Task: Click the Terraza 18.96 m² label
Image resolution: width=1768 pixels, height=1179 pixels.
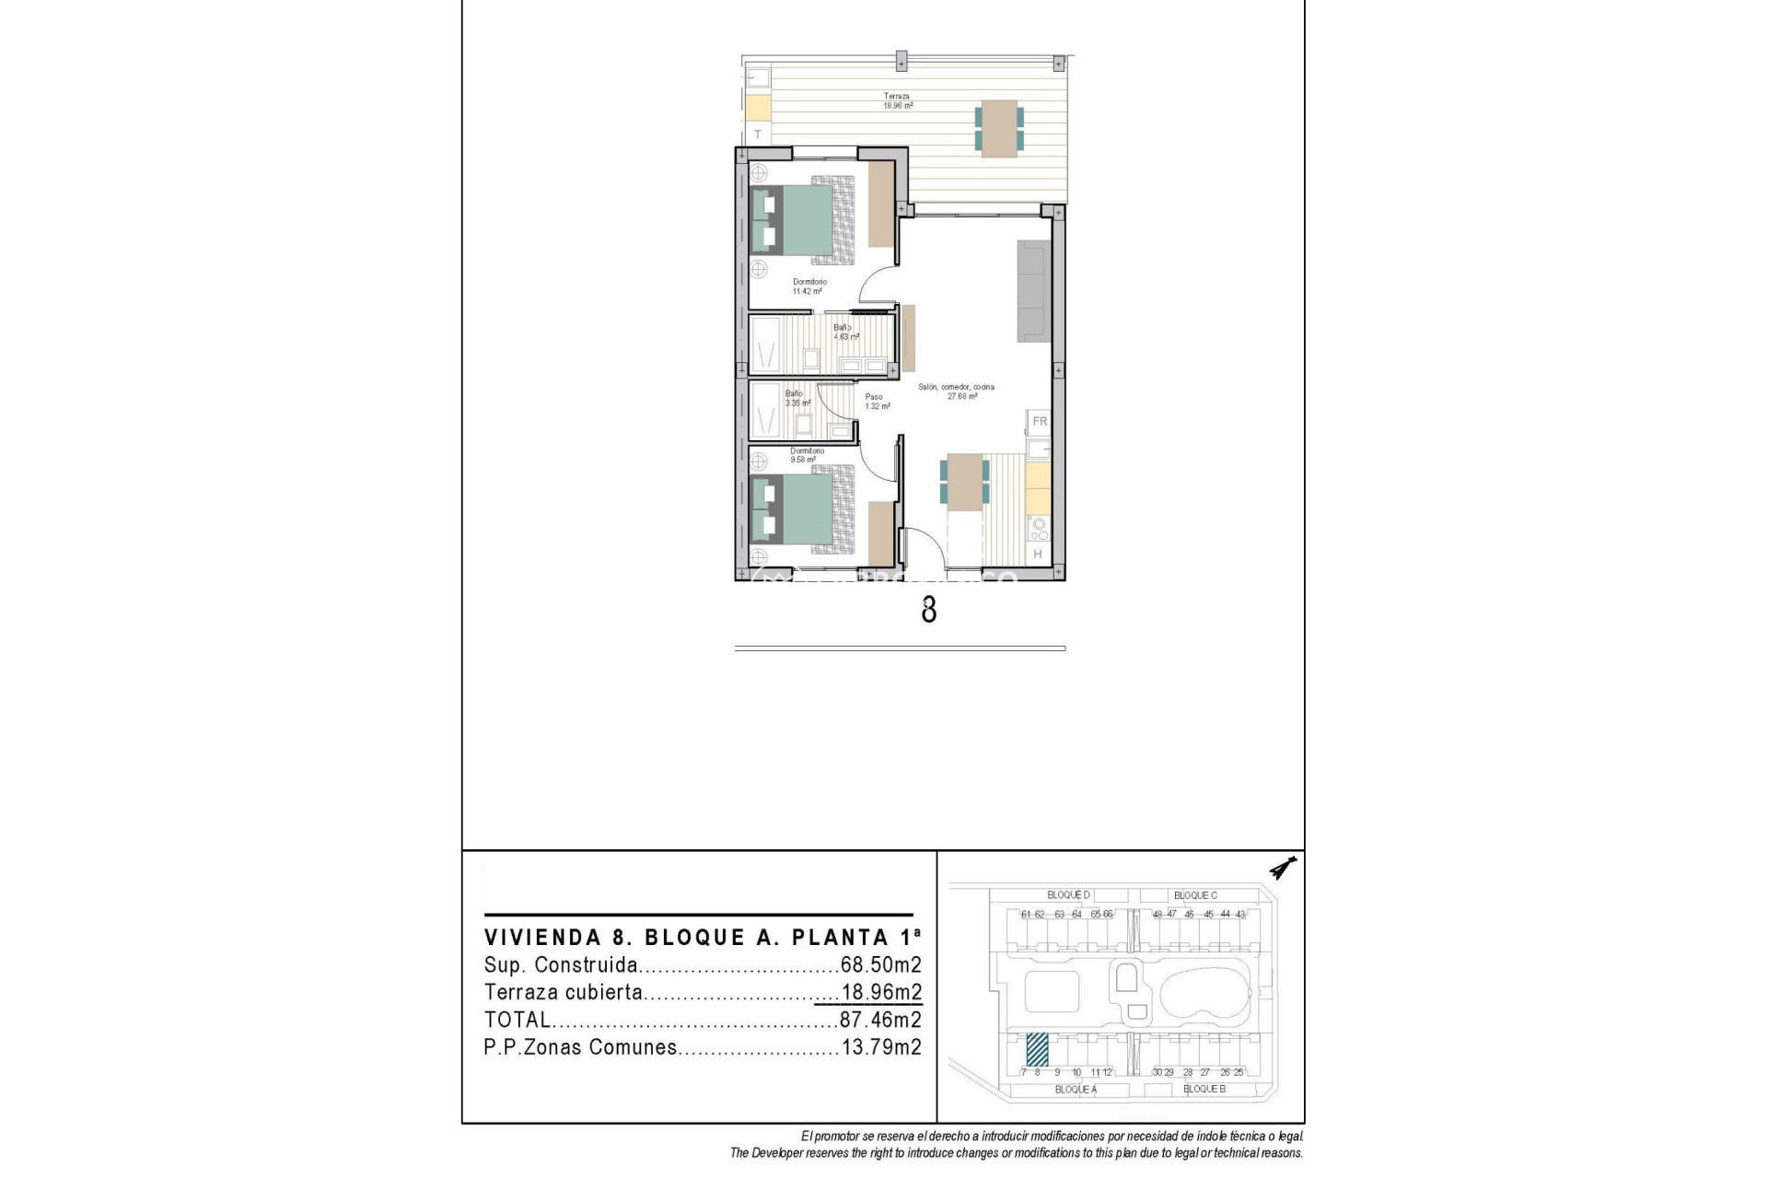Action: pos(897,100)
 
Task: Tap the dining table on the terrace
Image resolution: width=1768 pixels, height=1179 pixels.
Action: pos(999,128)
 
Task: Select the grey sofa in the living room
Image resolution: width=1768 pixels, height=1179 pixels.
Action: pos(1033,291)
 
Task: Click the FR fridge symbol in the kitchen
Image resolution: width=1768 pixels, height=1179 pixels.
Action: pos(1040,422)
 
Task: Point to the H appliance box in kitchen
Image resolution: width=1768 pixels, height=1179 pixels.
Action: pos(1038,554)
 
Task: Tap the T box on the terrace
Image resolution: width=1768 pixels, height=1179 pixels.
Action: pos(758,134)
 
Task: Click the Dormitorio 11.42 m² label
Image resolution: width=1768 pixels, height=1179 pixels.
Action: pos(808,286)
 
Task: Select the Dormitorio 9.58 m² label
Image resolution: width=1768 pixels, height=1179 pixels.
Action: pos(806,455)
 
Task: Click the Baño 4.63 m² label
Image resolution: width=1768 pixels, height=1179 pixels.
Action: pos(844,332)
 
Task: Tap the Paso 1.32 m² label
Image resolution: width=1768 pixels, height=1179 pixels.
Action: pos(877,402)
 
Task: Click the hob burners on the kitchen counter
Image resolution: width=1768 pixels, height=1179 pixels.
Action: pos(1039,528)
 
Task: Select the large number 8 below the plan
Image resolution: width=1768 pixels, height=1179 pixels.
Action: pos(928,610)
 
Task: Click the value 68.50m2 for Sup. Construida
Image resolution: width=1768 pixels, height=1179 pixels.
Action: pos(880,965)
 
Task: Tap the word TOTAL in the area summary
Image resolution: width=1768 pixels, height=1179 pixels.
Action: pos(517,1020)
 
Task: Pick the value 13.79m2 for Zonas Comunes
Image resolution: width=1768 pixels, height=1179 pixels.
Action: pos(880,1047)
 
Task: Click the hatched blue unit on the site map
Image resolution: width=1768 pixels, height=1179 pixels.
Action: pos(1037,1048)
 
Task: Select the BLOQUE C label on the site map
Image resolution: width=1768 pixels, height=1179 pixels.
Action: pos(1194,895)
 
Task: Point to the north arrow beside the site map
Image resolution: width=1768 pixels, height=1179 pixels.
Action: pos(1282,868)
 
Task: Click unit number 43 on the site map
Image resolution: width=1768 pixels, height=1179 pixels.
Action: pos(1240,915)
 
